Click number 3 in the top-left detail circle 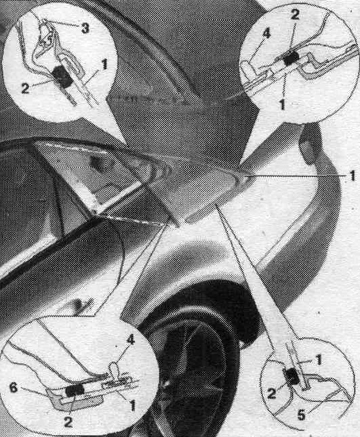(85, 28)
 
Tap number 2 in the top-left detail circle (25, 88)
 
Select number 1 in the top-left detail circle (104, 65)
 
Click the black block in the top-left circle (62, 76)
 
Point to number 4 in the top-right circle (266, 33)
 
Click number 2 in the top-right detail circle (295, 14)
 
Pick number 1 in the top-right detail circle (282, 104)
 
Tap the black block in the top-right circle (291, 58)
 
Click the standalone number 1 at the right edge (352, 176)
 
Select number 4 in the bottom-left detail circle (130, 339)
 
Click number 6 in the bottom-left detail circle (13, 387)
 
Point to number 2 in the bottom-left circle (68, 421)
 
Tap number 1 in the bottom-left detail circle (132, 406)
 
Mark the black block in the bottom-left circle (75, 390)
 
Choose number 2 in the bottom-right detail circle (271, 394)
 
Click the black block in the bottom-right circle (291, 375)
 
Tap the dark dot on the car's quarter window (96, 162)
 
